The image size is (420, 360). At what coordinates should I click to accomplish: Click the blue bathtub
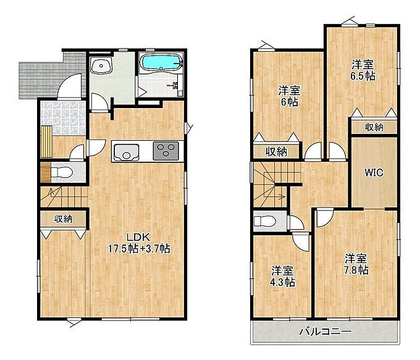click(162, 62)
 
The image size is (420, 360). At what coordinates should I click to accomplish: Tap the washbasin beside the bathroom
click(101, 65)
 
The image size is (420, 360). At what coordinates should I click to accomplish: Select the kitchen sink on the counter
click(126, 153)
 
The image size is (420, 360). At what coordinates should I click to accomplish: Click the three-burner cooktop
click(166, 151)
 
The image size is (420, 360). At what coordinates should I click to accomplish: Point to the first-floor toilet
click(61, 172)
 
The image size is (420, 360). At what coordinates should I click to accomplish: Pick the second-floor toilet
click(264, 221)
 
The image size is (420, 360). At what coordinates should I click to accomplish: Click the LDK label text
click(138, 237)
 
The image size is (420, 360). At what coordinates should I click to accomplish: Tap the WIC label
click(374, 173)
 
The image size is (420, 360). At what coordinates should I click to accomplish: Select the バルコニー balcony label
click(325, 332)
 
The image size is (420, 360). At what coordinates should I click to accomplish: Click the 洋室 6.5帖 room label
click(363, 70)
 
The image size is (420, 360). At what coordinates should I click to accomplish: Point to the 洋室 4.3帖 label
click(283, 277)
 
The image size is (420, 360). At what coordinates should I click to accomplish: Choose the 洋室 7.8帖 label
click(356, 264)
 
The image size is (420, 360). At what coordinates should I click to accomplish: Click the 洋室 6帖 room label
click(289, 96)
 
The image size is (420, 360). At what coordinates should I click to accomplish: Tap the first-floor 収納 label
click(63, 219)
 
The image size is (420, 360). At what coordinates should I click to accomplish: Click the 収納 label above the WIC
click(374, 127)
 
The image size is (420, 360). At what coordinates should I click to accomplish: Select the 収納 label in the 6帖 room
click(276, 152)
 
